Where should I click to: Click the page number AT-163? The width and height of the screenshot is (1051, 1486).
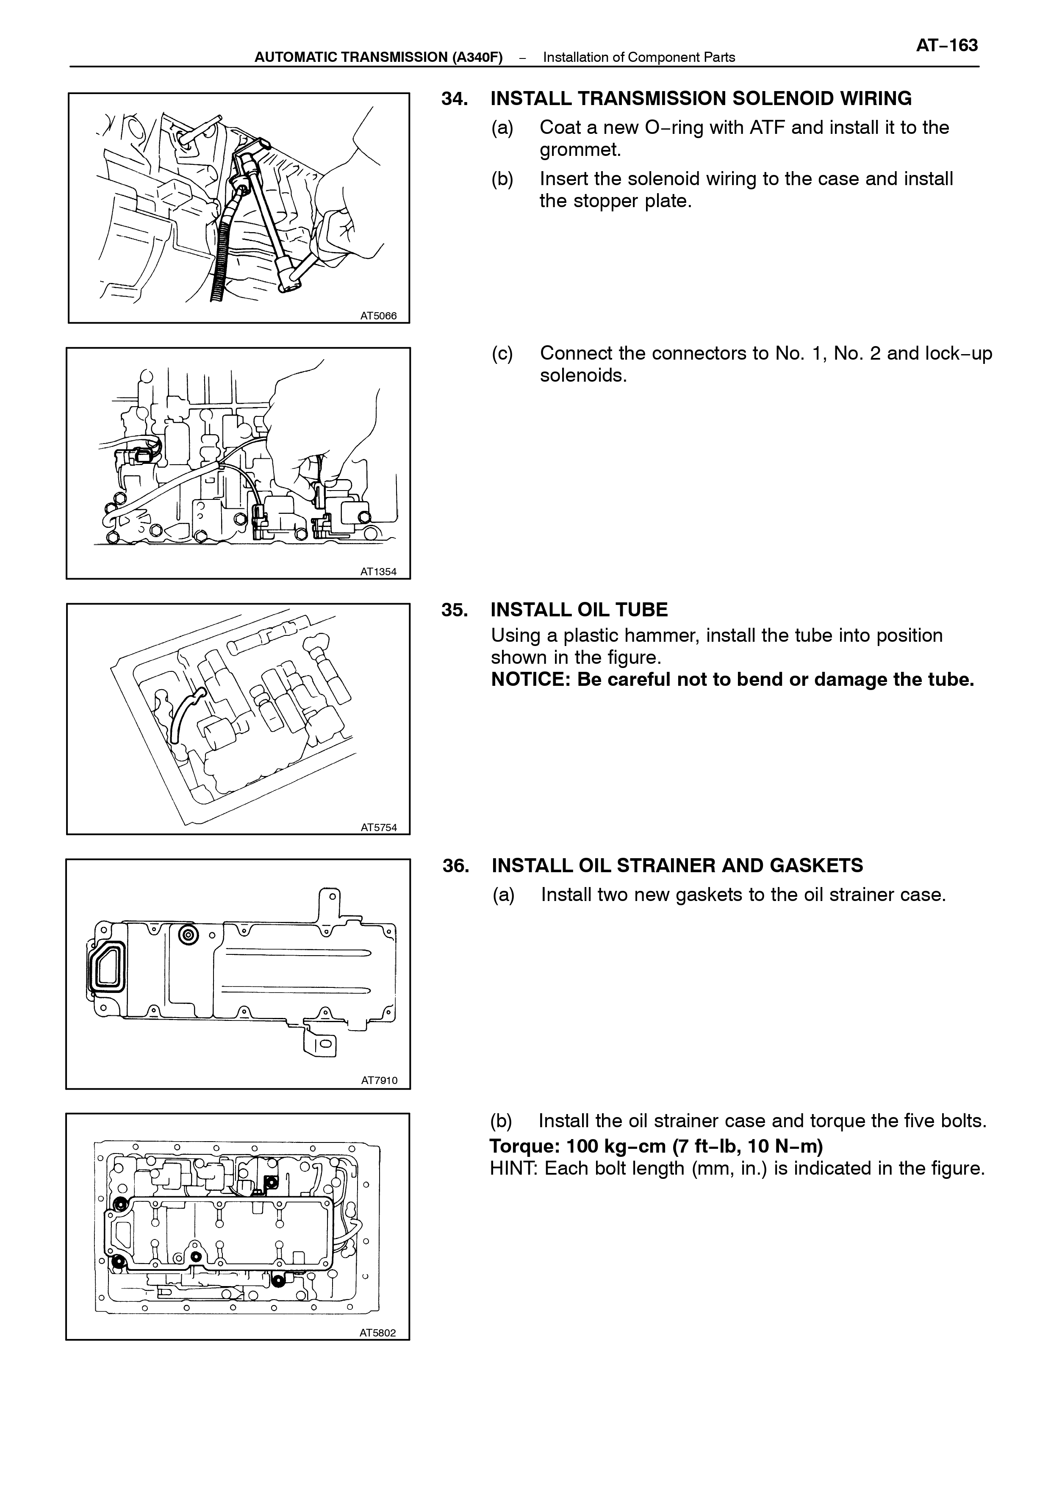[x=947, y=45]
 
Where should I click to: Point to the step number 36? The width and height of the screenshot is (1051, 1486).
[x=456, y=865]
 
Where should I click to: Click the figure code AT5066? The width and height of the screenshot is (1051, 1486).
[x=379, y=316]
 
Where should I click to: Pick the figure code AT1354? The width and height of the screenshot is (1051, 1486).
[x=379, y=571]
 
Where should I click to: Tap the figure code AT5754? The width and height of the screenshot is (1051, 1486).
[x=379, y=827]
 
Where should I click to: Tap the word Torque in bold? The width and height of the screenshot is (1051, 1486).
[x=525, y=1146]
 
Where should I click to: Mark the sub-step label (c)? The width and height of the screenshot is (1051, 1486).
[x=502, y=353]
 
